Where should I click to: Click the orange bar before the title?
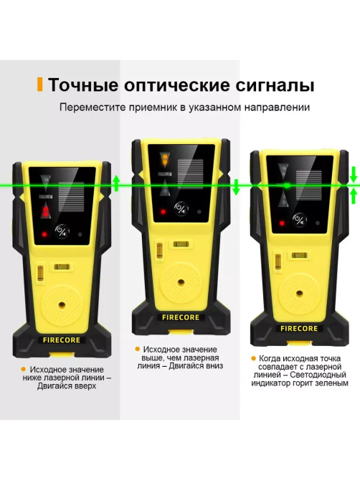click(40, 85)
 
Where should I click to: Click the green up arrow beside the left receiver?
click(116, 181)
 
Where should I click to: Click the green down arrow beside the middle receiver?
click(236, 187)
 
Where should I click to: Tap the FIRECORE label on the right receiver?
click(299, 329)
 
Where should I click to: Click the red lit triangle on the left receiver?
click(47, 211)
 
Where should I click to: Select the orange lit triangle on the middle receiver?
click(166, 157)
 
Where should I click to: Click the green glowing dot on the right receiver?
click(286, 185)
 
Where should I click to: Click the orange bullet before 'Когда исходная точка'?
click(252, 358)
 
